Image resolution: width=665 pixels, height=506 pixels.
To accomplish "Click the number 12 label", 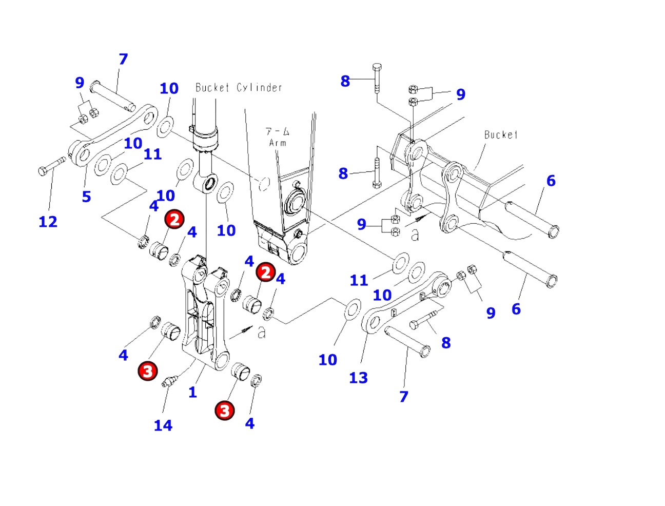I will [x=48, y=222].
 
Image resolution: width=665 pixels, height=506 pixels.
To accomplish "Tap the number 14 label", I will [x=163, y=425].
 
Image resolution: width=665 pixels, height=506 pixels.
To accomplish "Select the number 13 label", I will [x=358, y=378].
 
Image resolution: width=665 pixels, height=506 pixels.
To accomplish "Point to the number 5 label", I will [x=86, y=197].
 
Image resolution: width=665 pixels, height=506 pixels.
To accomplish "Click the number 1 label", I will [x=192, y=393].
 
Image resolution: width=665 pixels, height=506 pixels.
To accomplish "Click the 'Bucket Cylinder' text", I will [x=239, y=88].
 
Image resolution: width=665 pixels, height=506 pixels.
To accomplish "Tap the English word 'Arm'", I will [x=278, y=143].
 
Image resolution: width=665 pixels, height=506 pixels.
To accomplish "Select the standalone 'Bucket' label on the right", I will [x=501, y=135].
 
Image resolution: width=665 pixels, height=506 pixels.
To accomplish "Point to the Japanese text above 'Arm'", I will [x=277, y=132].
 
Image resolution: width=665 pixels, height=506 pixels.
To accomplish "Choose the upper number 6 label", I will [x=551, y=181].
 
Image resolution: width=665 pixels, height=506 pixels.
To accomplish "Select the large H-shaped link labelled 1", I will [x=204, y=313].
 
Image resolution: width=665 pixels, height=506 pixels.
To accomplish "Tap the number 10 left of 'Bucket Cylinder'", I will [x=169, y=89].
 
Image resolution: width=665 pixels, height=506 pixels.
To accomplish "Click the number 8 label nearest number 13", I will [x=446, y=343].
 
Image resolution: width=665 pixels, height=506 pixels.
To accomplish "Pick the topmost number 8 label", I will [x=345, y=81].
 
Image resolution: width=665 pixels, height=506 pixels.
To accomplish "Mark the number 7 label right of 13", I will [x=404, y=397].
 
